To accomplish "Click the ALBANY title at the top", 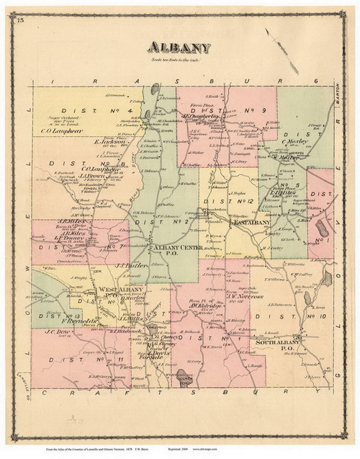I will [180, 48].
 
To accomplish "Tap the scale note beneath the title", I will [180, 59].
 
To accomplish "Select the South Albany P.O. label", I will [278, 345].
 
